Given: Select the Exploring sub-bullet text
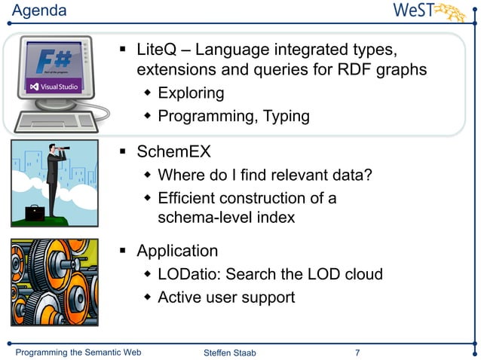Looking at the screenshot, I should tap(191, 93).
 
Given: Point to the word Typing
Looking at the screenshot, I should tap(284, 116).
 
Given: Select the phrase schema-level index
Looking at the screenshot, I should tap(226, 218).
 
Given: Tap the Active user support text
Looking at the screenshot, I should tap(226, 297).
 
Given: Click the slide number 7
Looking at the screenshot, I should tap(357, 352).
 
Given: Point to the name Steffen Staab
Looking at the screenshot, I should tap(230, 353).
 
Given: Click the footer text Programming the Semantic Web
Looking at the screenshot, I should tap(79, 352).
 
